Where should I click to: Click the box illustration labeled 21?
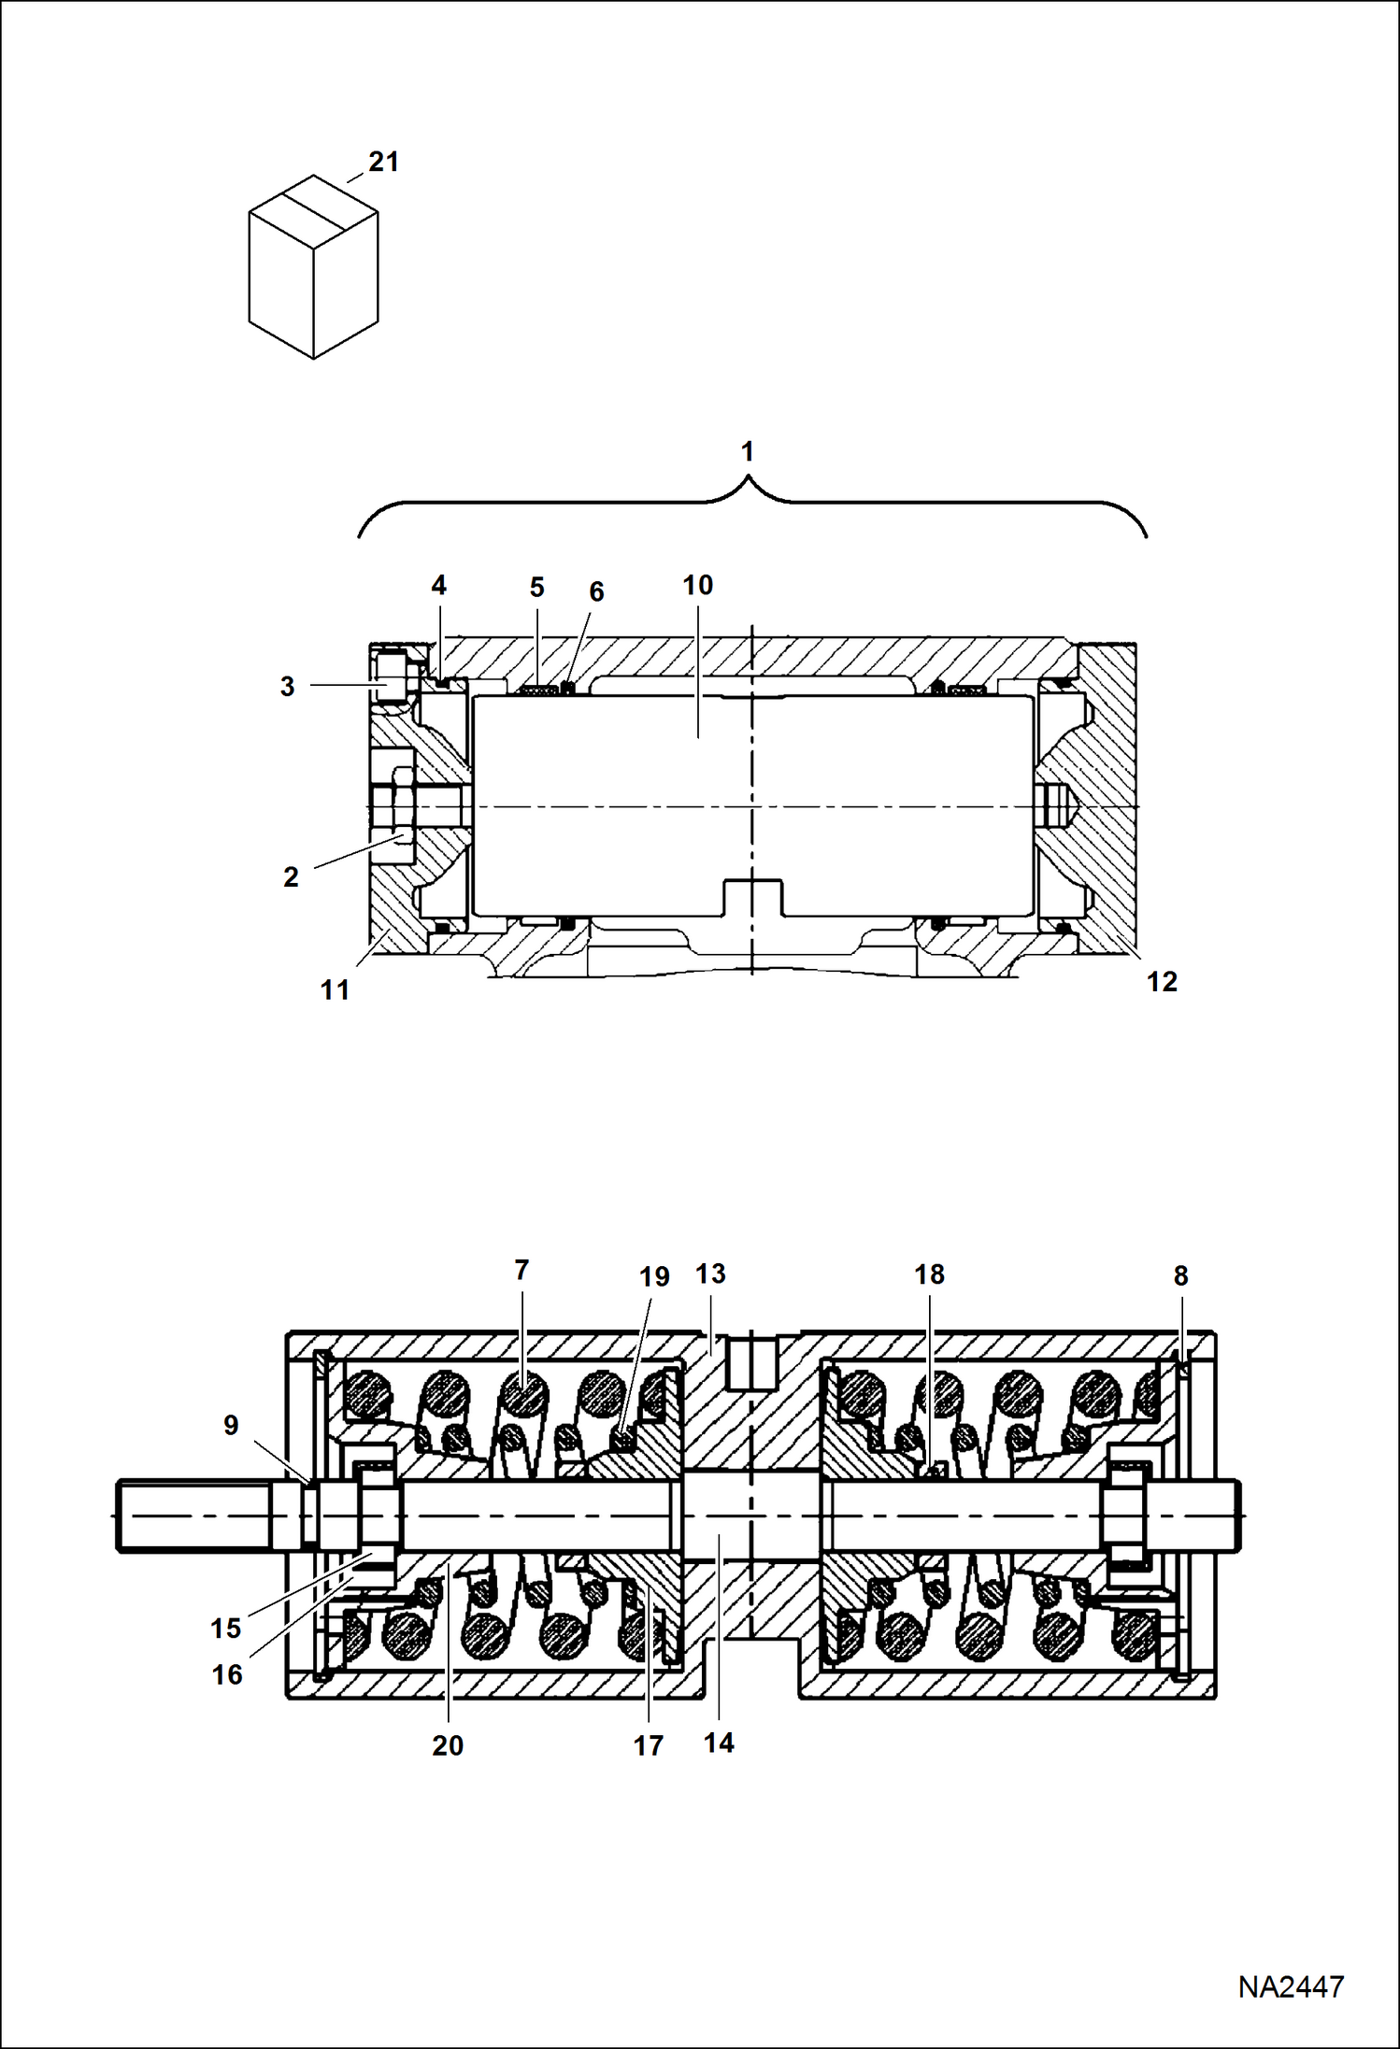(x=313, y=266)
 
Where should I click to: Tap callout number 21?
(x=384, y=162)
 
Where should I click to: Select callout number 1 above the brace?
(x=747, y=451)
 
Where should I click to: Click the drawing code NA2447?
(x=1291, y=1986)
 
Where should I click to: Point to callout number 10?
(x=697, y=585)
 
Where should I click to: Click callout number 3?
(x=288, y=687)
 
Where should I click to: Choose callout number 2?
(x=291, y=877)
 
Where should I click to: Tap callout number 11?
(x=335, y=990)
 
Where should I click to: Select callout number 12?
(x=1163, y=982)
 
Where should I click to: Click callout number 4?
(x=438, y=586)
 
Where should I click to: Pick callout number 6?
(x=596, y=591)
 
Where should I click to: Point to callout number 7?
(x=521, y=1270)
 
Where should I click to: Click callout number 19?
(x=654, y=1276)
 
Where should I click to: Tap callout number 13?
(x=710, y=1274)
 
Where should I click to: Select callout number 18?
(x=929, y=1274)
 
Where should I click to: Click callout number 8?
(x=1180, y=1276)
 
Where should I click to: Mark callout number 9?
(x=231, y=1426)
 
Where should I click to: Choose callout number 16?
(x=227, y=1675)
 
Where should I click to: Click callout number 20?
(x=448, y=1745)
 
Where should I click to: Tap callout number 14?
(x=719, y=1743)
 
